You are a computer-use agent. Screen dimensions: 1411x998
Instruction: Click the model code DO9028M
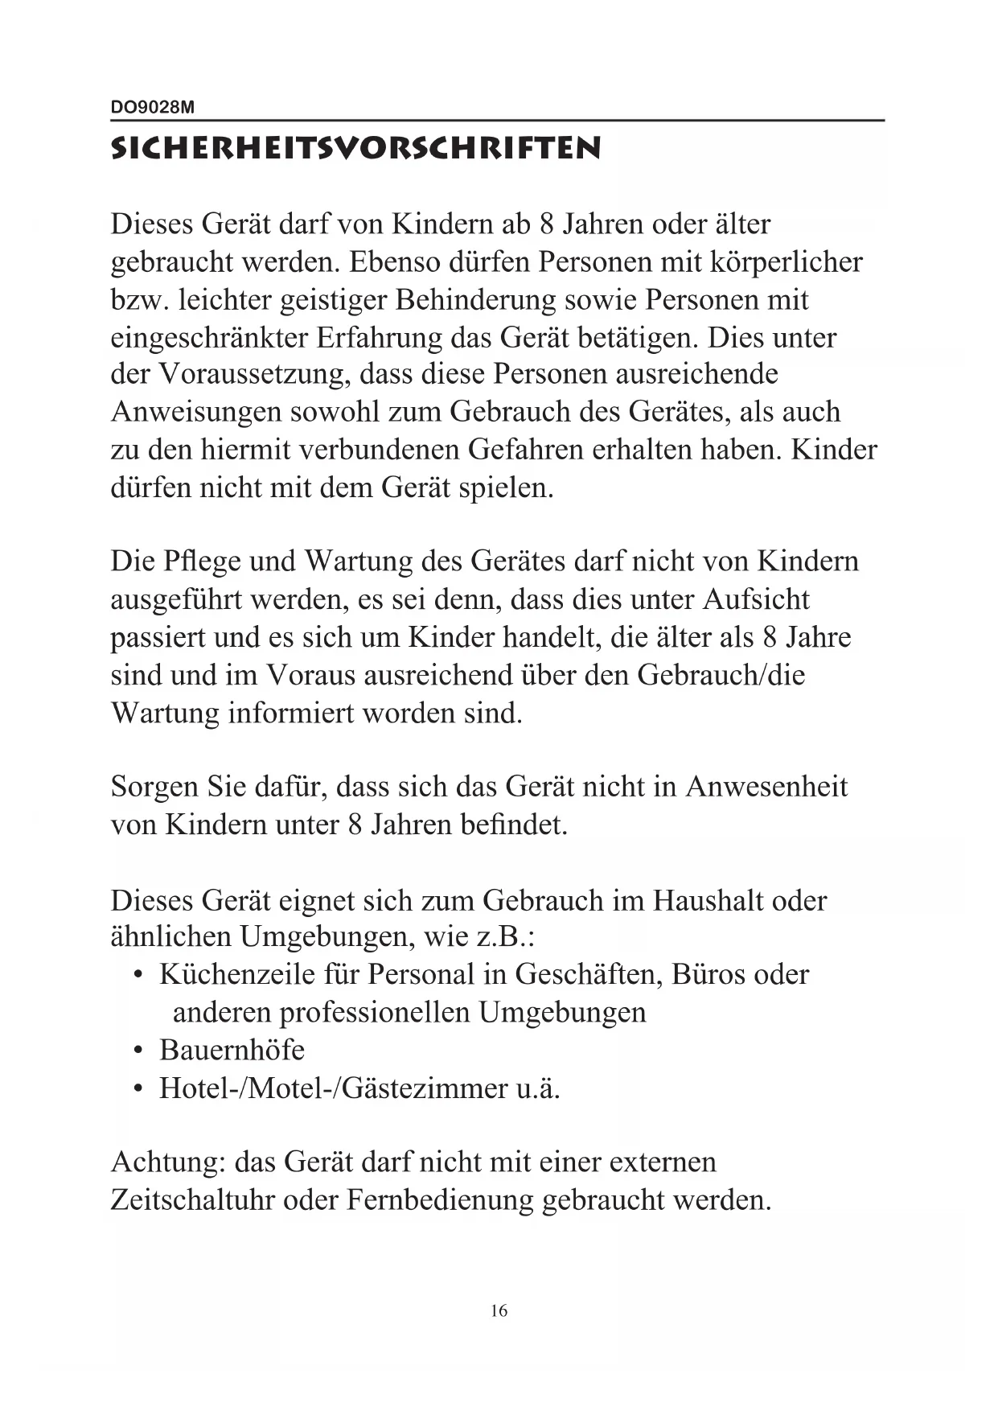tap(152, 107)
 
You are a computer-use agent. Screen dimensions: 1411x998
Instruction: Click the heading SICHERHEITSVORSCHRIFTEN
tap(355, 149)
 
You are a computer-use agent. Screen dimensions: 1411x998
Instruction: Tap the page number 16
tap(499, 1310)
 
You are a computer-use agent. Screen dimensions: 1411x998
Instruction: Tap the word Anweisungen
tap(195, 412)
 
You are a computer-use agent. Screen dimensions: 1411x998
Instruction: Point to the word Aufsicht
tap(756, 599)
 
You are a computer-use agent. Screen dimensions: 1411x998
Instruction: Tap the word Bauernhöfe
tap(232, 1051)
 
